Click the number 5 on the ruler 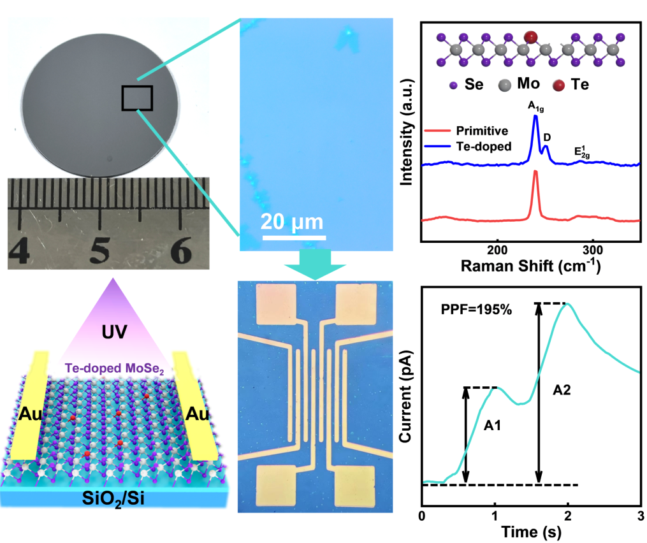point(99,253)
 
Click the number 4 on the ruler point(20,253)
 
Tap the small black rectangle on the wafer point(137,99)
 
